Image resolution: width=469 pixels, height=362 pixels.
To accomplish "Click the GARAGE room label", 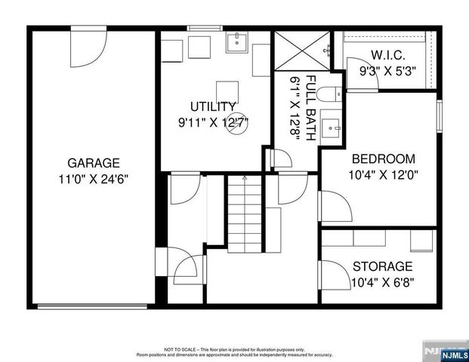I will click(x=94, y=162).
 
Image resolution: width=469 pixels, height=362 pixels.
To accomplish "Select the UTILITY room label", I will click(x=214, y=106).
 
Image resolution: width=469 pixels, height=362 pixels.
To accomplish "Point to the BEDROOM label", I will click(x=384, y=159).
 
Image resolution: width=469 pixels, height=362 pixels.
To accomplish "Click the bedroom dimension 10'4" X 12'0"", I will click(x=384, y=175).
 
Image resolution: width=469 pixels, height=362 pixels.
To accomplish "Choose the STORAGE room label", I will click(x=383, y=266).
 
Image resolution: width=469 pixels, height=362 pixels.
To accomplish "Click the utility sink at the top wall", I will click(x=237, y=41).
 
